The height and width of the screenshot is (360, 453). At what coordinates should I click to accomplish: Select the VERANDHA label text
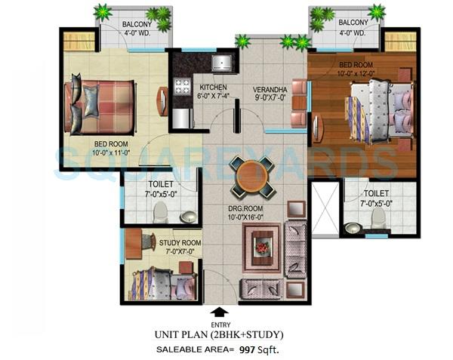(271, 88)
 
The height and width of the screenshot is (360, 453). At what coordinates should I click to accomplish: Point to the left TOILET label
(161, 184)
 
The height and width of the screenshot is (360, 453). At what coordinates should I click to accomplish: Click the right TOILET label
(376, 183)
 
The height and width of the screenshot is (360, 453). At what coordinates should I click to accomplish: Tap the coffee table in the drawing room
(263, 245)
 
